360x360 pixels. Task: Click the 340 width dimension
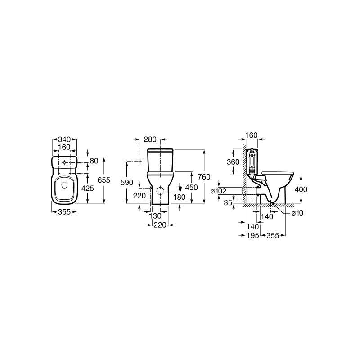[64, 139]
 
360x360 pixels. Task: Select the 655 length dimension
[104, 180]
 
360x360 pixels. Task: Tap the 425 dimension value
[88, 188]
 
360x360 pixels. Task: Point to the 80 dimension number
[94, 161]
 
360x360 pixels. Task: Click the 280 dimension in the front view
[150, 139]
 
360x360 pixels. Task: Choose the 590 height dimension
[127, 183]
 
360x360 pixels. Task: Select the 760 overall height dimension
[204, 177]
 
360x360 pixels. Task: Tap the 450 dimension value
[192, 188]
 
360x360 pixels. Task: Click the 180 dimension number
[179, 197]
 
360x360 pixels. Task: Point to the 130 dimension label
[155, 216]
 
